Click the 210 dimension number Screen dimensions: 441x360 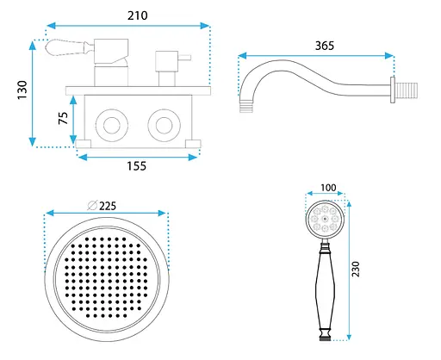[138, 16]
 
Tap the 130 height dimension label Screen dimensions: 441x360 [22, 90]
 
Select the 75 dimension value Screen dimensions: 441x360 [63, 118]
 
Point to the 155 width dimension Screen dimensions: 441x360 [137, 166]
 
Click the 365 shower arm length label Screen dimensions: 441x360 [325, 46]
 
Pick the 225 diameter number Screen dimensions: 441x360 [108, 206]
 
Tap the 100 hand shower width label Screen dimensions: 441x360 [328, 188]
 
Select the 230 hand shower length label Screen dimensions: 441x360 [356, 269]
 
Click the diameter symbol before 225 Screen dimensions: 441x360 [92, 205]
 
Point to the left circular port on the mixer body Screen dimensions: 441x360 [112, 126]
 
